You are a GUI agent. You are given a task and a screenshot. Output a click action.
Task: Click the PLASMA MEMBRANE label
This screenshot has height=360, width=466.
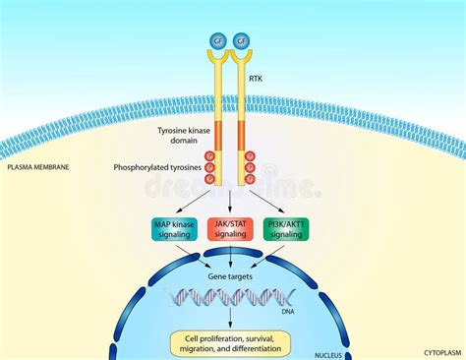[x=38, y=167]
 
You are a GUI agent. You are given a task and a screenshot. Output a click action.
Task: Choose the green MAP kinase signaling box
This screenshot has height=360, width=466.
[x=175, y=229]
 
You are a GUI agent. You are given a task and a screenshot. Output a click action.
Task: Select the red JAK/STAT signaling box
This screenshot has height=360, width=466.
[x=230, y=229]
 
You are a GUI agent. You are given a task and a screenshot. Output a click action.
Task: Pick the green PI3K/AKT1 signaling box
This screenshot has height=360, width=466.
[x=287, y=229]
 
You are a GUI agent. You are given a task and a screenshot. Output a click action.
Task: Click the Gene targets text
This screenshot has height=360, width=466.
[x=230, y=276]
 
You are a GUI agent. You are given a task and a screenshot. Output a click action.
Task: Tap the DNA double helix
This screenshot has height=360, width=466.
[x=230, y=296]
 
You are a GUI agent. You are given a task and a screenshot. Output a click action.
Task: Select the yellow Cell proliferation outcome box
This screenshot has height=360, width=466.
[x=230, y=342]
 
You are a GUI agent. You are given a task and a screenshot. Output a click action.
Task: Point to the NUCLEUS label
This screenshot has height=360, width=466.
[x=332, y=353]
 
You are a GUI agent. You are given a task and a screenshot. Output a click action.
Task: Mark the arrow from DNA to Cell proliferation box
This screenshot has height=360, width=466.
[x=230, y=320]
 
